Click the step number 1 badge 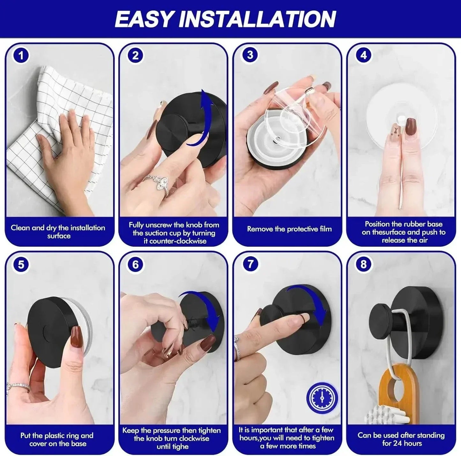point(21,55)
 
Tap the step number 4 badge point(363,55)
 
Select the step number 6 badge point(136,265)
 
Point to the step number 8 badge point(363,265)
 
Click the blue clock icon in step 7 point(322,398)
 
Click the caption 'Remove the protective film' point(289,229)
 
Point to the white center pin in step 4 point(401,119)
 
